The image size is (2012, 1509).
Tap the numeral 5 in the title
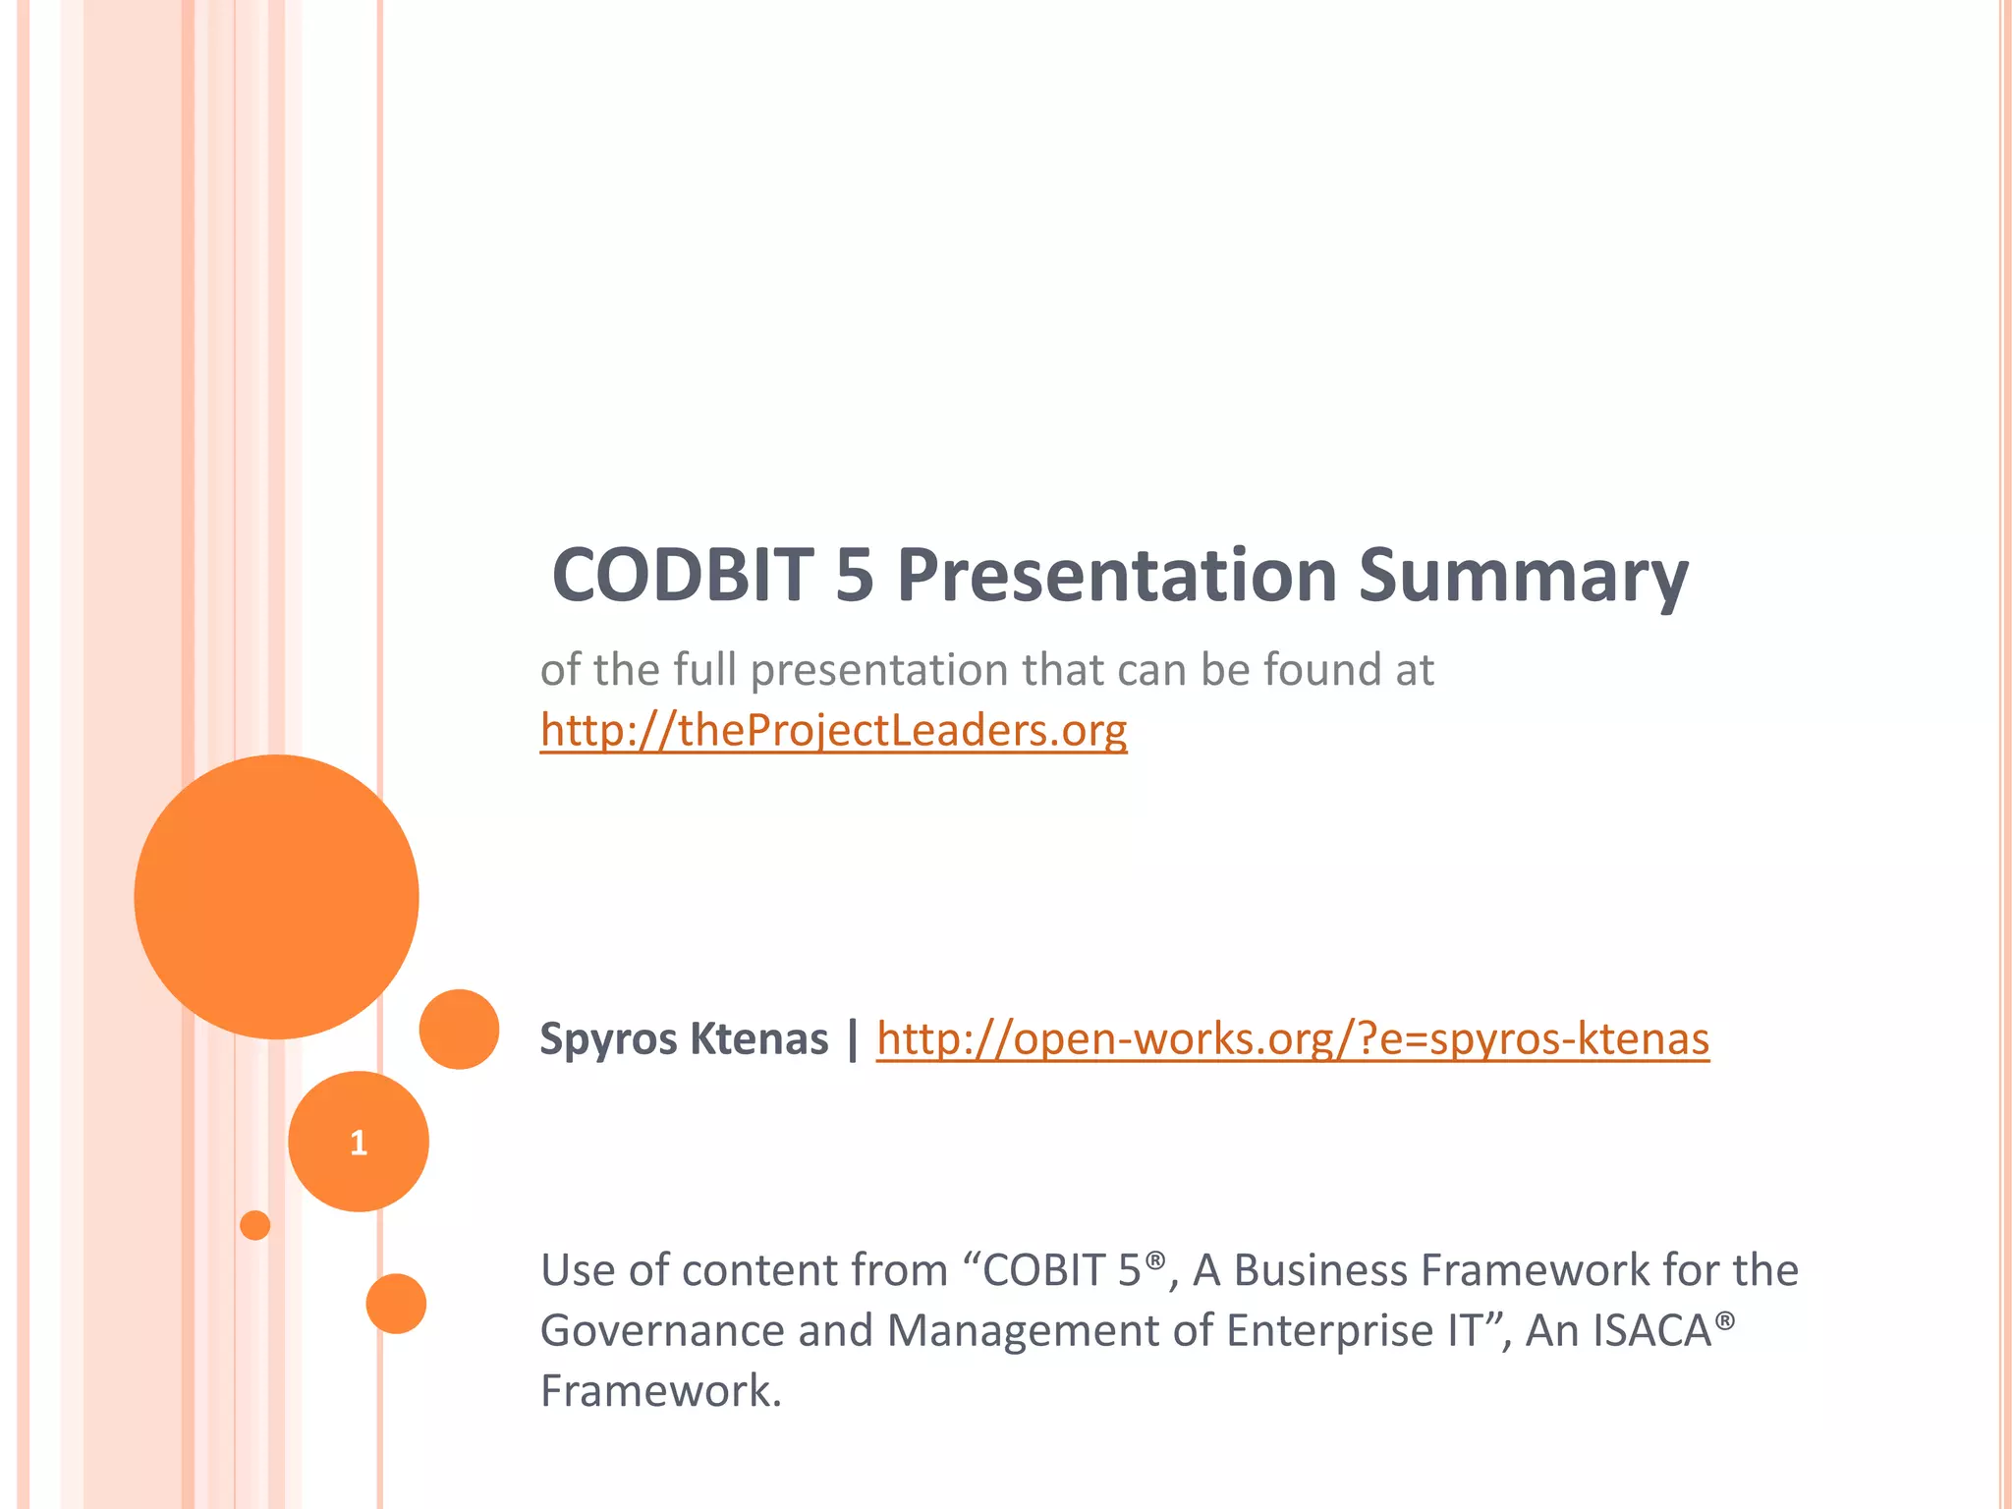tap(855, 576)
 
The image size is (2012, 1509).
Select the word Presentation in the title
tap(1117, 576)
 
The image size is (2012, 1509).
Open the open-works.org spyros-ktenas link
tap(1292, 1039)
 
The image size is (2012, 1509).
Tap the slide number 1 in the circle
tap(359, 1143)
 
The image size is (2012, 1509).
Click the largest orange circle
tap(276, 896)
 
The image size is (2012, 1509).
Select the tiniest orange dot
tap(255, 1225)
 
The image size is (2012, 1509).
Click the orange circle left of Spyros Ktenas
tap(459, 1029)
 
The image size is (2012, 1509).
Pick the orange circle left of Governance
tap(396, 1304)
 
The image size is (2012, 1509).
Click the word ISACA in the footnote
tap(1652, 1331)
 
